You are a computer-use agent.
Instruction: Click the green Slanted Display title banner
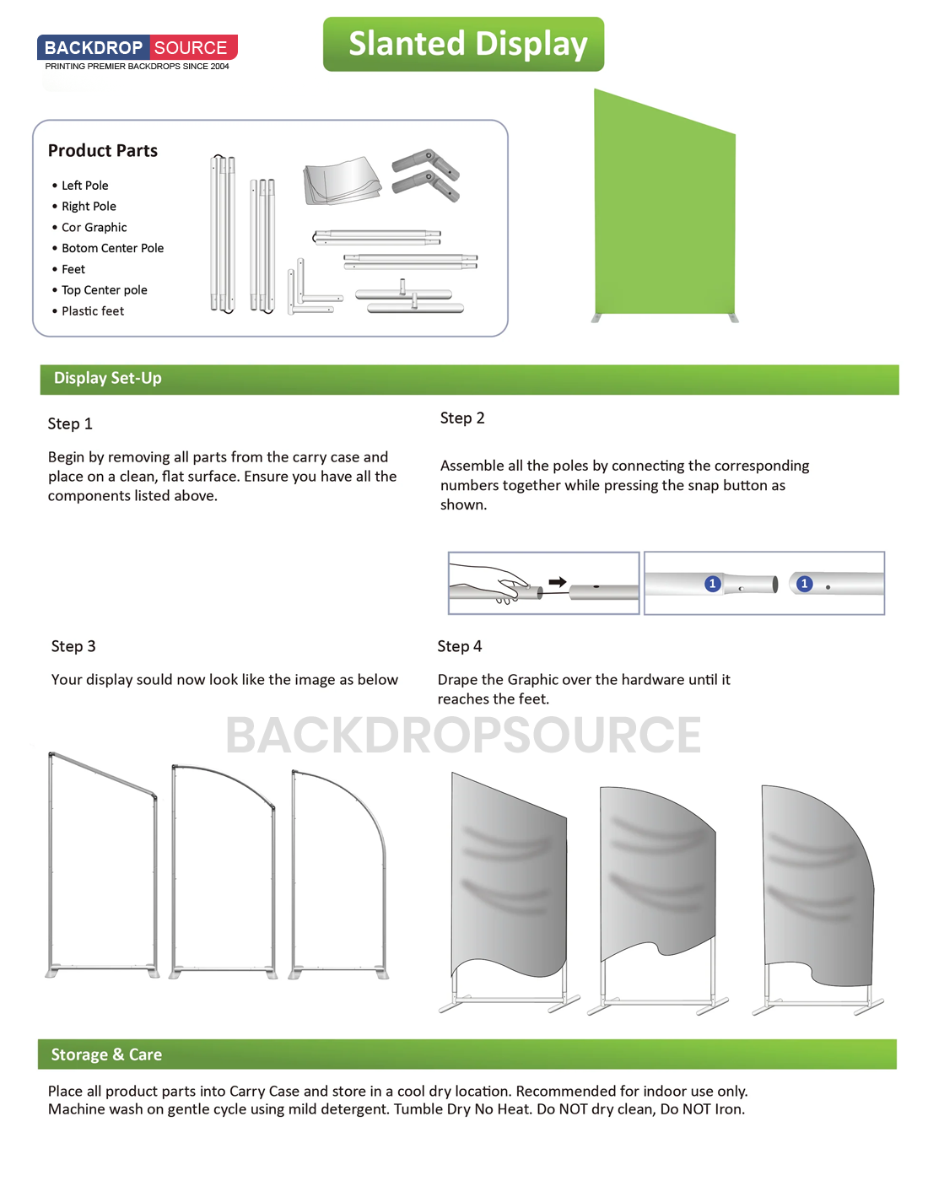(x=463, y=44)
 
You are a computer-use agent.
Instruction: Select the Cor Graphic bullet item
(x=94, y=228)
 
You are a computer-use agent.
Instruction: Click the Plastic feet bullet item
(x=93, y=311)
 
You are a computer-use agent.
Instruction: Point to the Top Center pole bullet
(x=104, y=290)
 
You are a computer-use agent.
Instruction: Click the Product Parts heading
(x=103, y=151)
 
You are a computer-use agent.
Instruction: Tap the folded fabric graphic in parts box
(x=341, y=181)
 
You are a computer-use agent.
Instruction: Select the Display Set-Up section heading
(x=108, y=379)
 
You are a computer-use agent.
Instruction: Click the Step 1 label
(x=70, y=423)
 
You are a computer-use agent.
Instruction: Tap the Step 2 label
(x=462, y=418)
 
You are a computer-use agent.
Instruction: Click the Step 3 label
(x=73, y=646)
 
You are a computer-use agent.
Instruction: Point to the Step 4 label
(x=460, y=646)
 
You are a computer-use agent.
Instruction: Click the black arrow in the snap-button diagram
(x=558, y=581)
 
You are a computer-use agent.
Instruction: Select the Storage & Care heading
(x=106, y=1054)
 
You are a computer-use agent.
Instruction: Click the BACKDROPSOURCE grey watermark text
(x=463, y=735)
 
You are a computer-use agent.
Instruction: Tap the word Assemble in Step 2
(x=472, y=466)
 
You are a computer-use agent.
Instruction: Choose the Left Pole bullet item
(x=84, y=186)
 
